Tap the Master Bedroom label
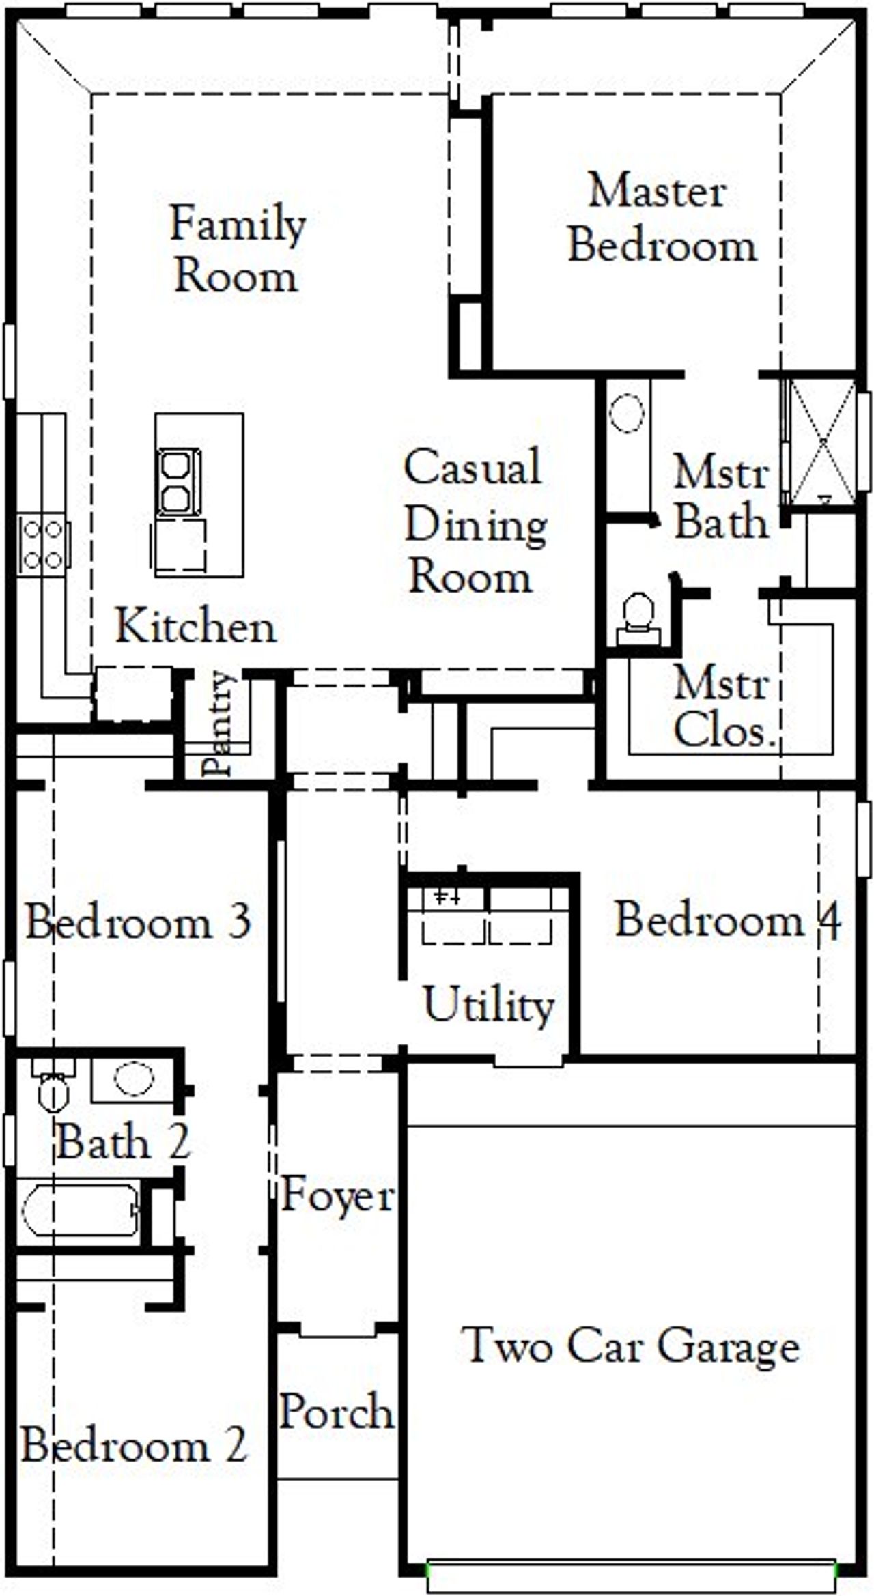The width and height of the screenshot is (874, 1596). tap(661, 218)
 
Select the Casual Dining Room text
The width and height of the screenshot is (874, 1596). tap(475, 522)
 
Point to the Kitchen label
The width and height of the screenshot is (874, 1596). tap(195, 626)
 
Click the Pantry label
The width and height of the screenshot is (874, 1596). tap(220, 724)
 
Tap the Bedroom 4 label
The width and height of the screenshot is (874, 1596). tap(727, 920)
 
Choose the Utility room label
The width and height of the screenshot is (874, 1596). tap(489, 1005)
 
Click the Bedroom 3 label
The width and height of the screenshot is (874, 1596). tap(139, 922)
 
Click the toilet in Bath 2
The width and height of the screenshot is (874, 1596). tap(53, 1089)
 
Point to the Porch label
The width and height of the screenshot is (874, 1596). tap(337, 1411)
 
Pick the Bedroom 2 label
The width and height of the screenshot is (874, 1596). tap(134, 1445)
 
